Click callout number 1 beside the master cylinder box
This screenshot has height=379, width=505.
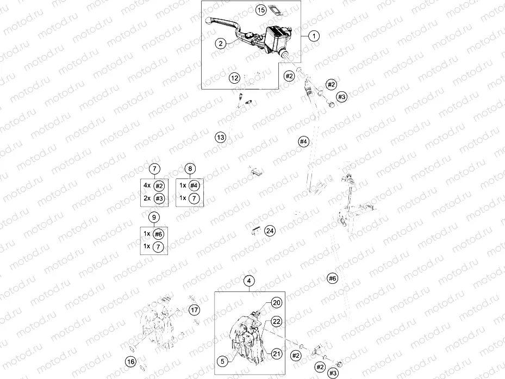click(x=314, y=36)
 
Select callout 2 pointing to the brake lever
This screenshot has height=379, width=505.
click(x=221, y=43)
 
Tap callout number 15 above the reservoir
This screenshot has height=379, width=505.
click(x=261, y=10)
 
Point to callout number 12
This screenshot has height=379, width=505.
click(x=235, y=78)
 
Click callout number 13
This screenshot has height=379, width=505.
click(x=221, y=137)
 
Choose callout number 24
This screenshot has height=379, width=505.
click(x=270, y=231)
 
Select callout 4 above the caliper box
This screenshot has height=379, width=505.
click(x=249, y=281)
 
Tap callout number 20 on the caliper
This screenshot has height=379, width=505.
click(x=277, y=303)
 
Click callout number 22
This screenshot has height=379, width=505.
click(x=276, y=321)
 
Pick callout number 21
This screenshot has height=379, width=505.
click(x=277, y=353)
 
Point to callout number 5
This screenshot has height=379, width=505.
click(x=222, y=361)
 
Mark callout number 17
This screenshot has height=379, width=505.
click(x=194, y=310)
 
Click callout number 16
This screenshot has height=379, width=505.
click(x=131, y=362)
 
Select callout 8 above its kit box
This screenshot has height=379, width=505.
click(x=190, y=169)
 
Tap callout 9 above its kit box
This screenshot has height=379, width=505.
click(x=154, y=217)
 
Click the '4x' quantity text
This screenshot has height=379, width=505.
click(x=147, y=185)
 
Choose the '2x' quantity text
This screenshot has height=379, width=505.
click(x=147, y=198)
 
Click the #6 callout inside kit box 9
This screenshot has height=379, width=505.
click(x=158, y=234)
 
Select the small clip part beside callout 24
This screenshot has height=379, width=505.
click(x=257, y=231)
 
